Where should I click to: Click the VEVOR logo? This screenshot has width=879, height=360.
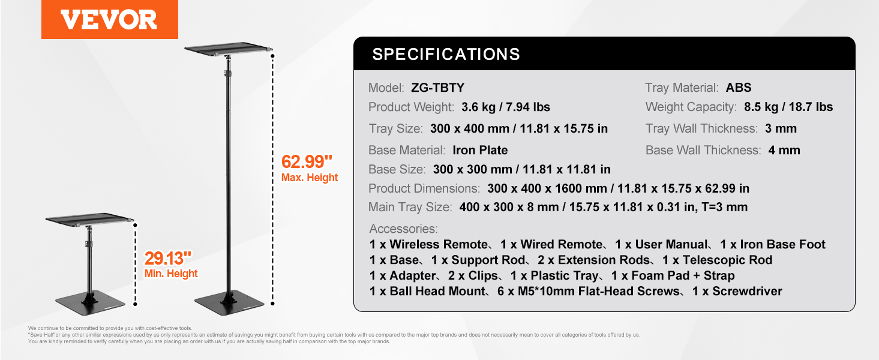click(x=109, y=20)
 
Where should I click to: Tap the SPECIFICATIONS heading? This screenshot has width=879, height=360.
click(x=446, y=54)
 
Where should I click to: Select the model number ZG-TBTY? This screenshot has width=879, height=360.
click(x=437, y=88)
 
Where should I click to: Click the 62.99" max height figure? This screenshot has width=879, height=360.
click(x=307, y=161)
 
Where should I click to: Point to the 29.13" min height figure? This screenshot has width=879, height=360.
click(x=168, y=258)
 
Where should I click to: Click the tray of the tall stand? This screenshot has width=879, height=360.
click(x=229, y=49)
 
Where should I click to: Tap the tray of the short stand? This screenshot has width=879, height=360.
click(x=89, y=219)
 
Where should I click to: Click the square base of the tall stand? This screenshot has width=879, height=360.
click(x=229, y=305)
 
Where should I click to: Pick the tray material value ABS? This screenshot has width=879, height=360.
click(x=739, y=88)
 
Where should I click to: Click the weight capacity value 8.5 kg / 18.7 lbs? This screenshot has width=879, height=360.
click(x=788, y=107)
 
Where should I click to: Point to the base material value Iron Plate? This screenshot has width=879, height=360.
click(x=480, y=150)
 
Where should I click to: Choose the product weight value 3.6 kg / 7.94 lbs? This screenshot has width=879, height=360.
click(x=506, y=107)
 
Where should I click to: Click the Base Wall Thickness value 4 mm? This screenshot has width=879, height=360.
click(x=784, y=150)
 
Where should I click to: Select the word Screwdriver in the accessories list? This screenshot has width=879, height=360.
click(x=747, y=291)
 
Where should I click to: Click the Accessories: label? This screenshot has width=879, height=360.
click(x=403, y=229)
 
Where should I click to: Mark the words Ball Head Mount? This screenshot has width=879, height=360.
click(x=438, y=291)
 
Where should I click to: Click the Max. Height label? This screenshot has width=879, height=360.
click(x=310, y=178)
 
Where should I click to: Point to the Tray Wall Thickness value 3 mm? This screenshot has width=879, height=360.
click(x=781, y=128)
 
